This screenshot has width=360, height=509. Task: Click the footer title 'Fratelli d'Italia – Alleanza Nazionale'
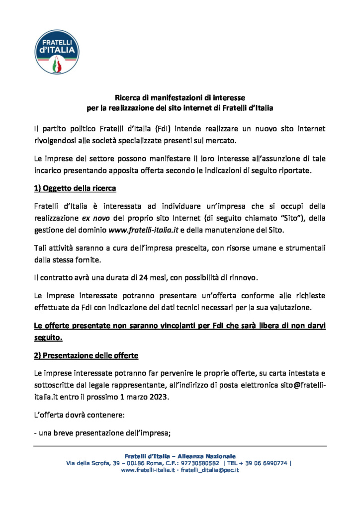tap(180, 456)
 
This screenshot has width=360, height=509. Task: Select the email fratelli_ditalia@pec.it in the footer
tap(209, 470)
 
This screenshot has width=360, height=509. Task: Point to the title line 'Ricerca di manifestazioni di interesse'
tap(180, 98)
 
